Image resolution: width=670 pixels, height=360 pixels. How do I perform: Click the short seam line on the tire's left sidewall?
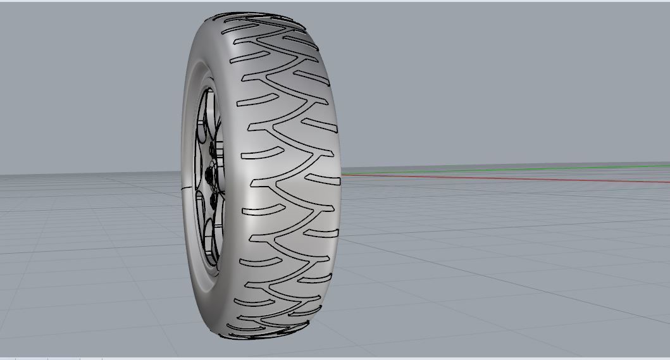coord(185,188)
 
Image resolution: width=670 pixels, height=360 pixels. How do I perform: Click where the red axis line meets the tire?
coord(342,175)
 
